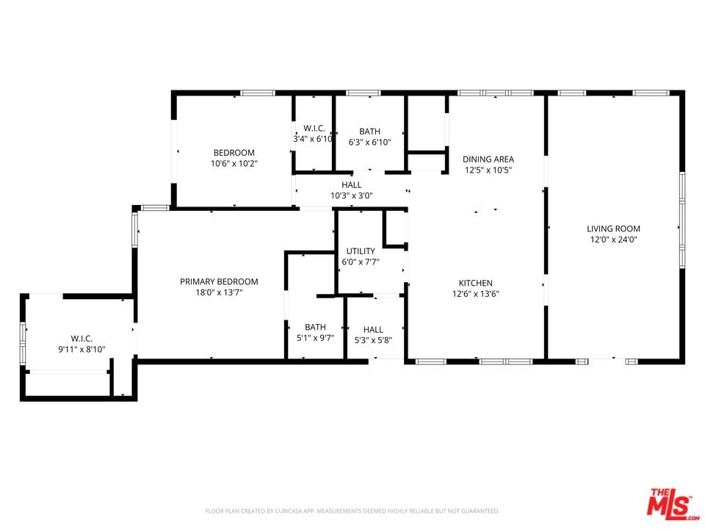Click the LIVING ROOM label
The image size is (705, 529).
[x=613, y=228]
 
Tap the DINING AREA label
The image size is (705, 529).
[x=488, y=159]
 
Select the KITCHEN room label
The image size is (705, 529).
[x=476, y=283]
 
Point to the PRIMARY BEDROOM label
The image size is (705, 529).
[x=219, y=281]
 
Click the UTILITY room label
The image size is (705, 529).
[x=361, y=251]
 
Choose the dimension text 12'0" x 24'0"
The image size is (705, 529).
[x=614, y=240]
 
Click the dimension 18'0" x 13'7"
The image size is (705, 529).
[x=219, y=292]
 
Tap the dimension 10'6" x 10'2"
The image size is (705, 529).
[x=234, y=163]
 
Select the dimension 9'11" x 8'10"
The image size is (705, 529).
[x=82, y=349]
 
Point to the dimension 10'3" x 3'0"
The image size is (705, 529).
[x=352, y=195]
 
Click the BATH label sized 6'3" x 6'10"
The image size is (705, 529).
[x=369, y=132]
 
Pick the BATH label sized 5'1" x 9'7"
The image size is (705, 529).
[x=315, y=327]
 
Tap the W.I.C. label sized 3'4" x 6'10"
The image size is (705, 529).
[x=314, y=128]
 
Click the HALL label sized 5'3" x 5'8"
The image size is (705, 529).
[x=373, y=330]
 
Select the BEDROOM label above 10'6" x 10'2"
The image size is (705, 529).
[x=234, y=153]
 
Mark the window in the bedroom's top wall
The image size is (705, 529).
[x=257, y=93]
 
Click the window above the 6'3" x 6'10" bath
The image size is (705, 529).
[x=364, y=93]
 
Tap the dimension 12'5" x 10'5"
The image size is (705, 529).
[x=488, y=170]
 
